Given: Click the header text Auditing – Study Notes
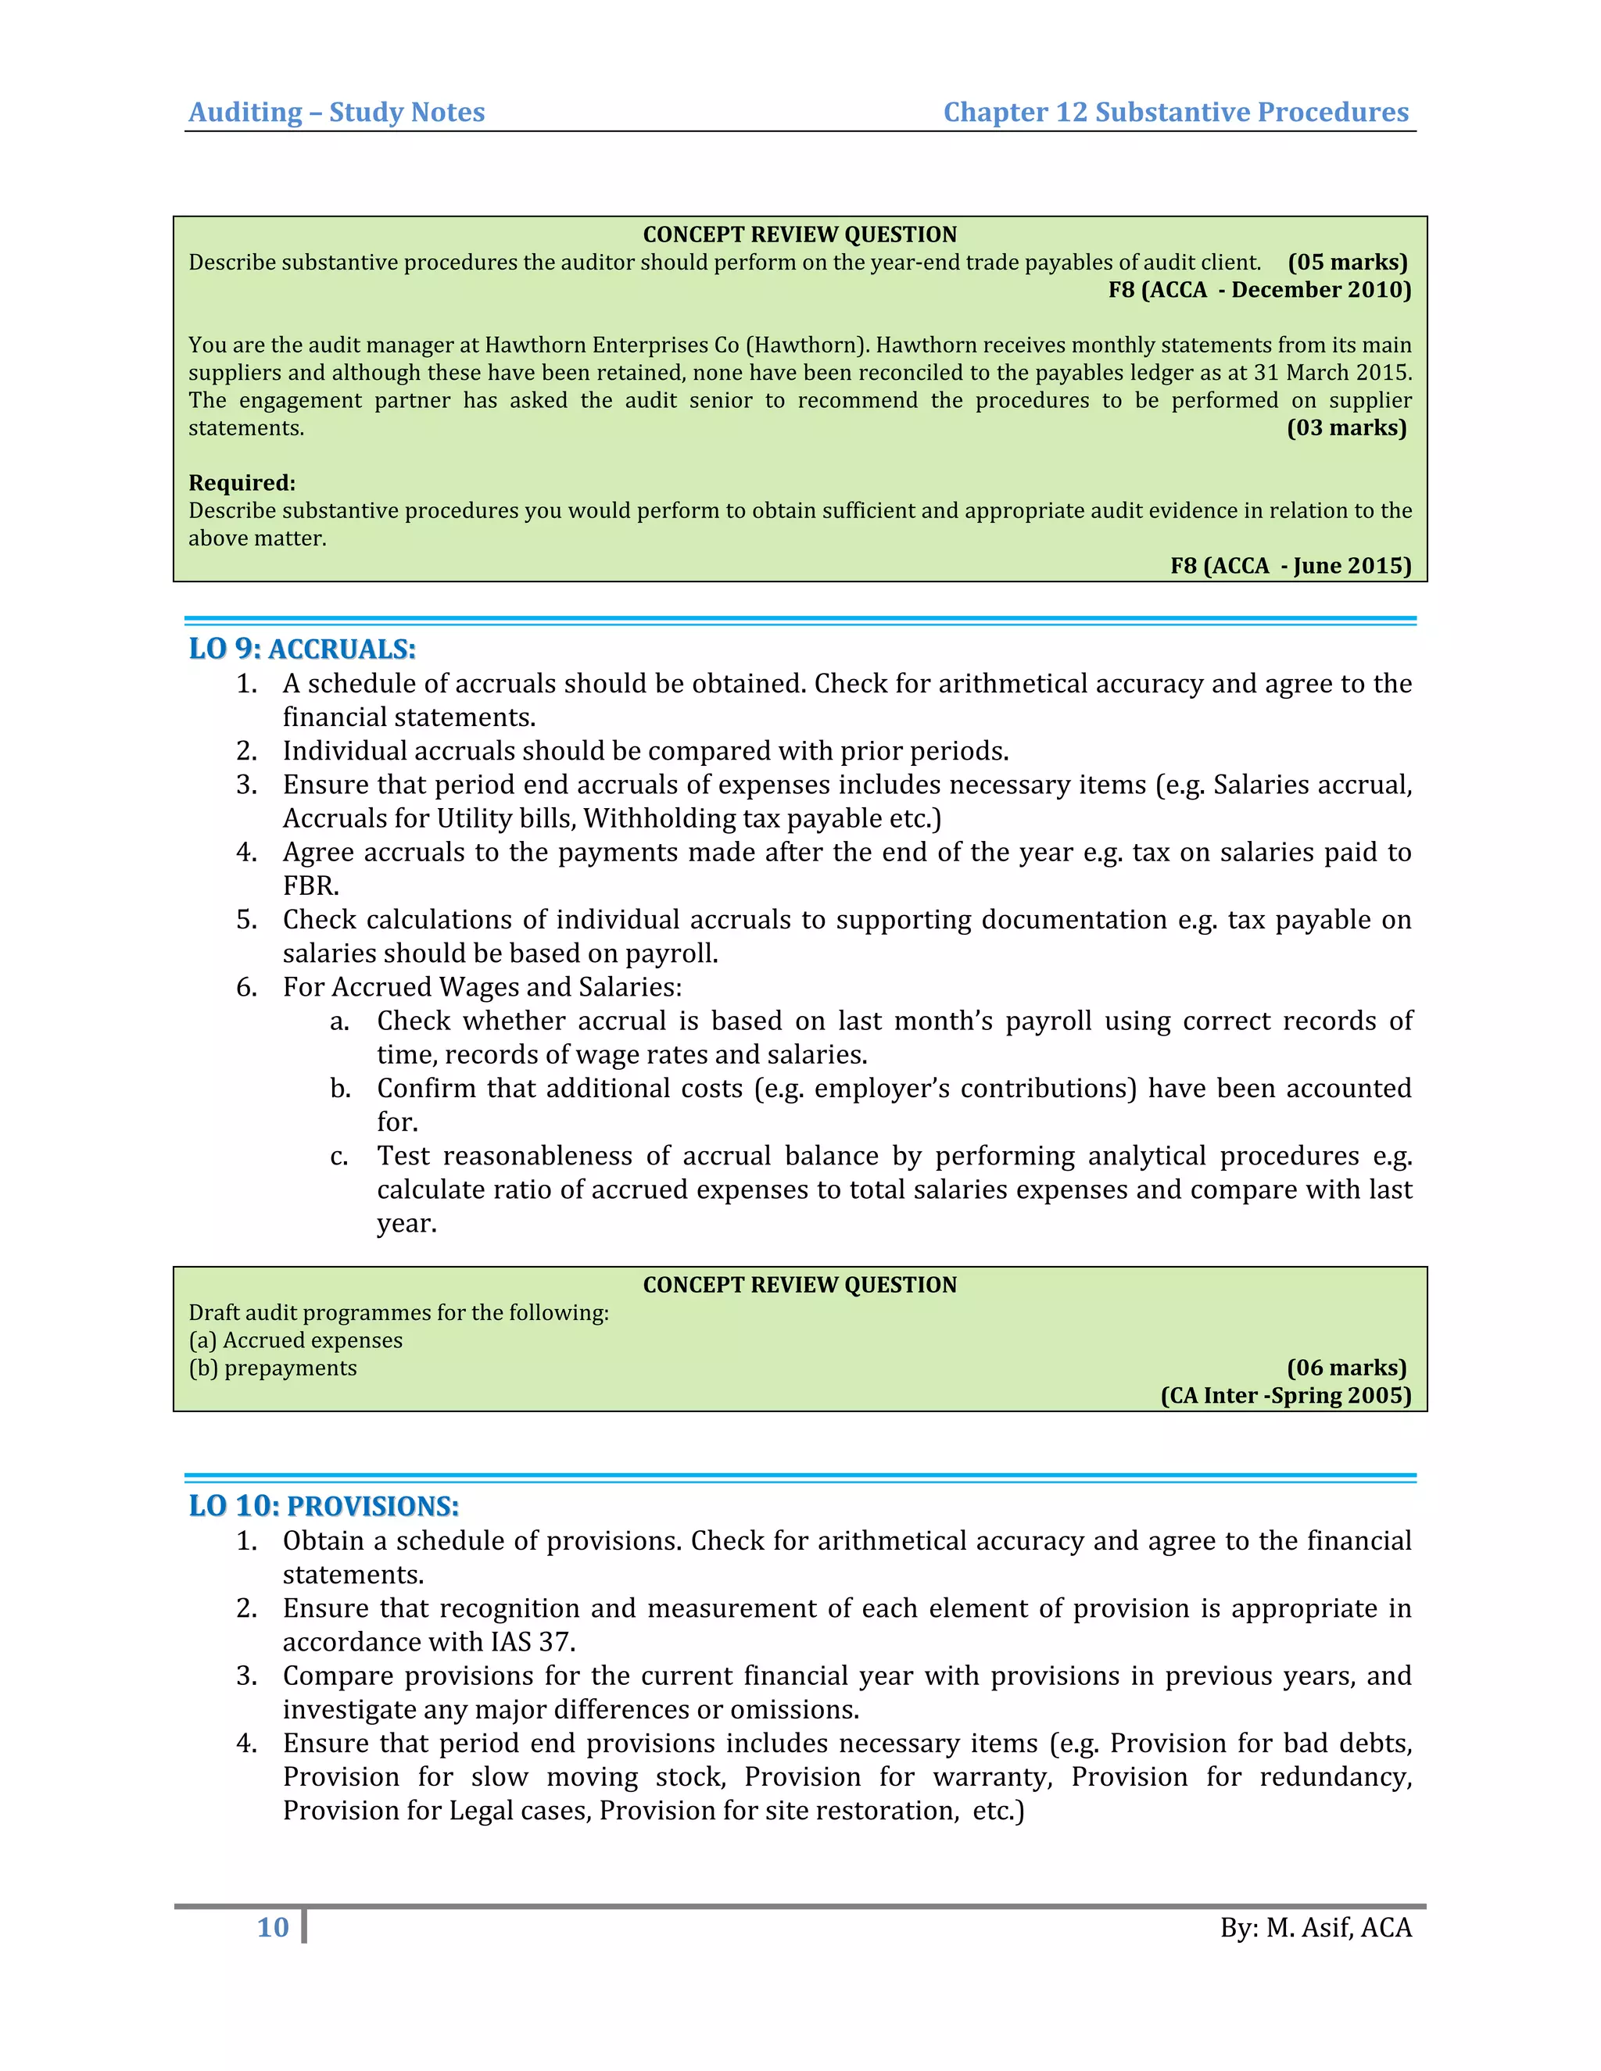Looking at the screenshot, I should (x=337, y=112).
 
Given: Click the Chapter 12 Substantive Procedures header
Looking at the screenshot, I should (x=1175, y=112).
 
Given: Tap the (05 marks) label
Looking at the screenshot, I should (x=1347, y=263).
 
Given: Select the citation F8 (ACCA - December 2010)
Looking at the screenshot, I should (x=1259, y=290).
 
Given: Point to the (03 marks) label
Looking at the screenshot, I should (x=1346, y=427).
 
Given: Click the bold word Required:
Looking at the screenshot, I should (x=242, y=483).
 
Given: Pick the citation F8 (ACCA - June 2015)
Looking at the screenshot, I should (x=1290, y=566).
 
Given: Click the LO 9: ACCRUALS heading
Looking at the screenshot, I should (x=302, y=649).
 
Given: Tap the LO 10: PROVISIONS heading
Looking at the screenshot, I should (x=324, y=1507).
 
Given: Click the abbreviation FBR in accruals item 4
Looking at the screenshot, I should (x=310, y=885).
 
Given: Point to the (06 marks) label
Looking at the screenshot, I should (x=1346, y=1368).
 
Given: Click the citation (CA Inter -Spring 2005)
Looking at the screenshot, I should (x=1285, y=1395).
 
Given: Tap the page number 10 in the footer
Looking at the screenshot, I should (x=273, y=1928).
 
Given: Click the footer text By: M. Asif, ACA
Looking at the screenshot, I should (x=1316, y=1928).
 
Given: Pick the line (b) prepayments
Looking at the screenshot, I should (x=272, y=1368).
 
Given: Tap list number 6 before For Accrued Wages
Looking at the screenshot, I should (x=245, y=987).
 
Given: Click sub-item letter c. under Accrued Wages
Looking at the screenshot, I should (x=339, y=1156).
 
